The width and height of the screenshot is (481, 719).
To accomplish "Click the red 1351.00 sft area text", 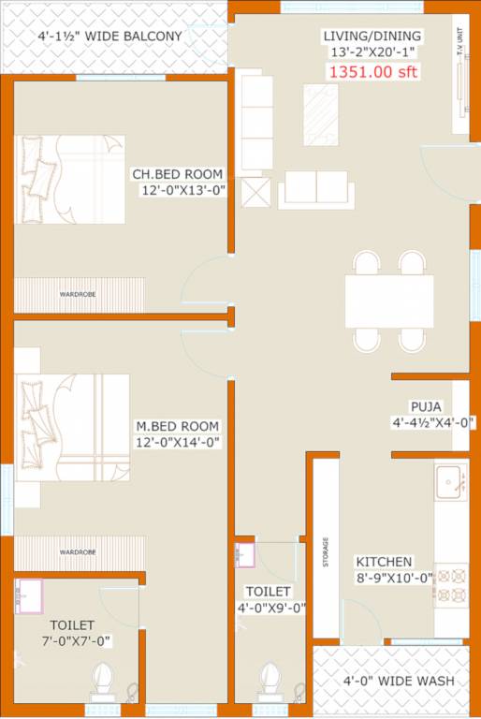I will coord(372,69).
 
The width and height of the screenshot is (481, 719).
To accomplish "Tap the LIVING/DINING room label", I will coord(372,37).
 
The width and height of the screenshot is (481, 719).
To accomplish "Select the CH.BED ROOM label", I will coord(178,174).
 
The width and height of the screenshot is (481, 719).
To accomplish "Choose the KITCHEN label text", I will coord(382,562).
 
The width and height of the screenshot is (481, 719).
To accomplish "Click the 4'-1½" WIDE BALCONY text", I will coord(109,37).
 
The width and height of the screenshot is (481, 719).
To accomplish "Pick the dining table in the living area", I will coord(389,301).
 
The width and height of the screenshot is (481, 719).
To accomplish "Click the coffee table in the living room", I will coord(322,114).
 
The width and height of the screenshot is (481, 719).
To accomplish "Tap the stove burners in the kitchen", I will coord(451,584).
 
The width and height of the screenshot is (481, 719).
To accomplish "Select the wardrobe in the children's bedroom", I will coord(79,294).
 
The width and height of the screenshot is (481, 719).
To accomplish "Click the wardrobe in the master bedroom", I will coord(79,552).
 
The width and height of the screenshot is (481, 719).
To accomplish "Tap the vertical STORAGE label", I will coord(326,552).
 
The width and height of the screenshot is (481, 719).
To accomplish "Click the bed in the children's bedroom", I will coord(70,179).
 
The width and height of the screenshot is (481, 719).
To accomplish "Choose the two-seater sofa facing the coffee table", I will coord(317,188).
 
